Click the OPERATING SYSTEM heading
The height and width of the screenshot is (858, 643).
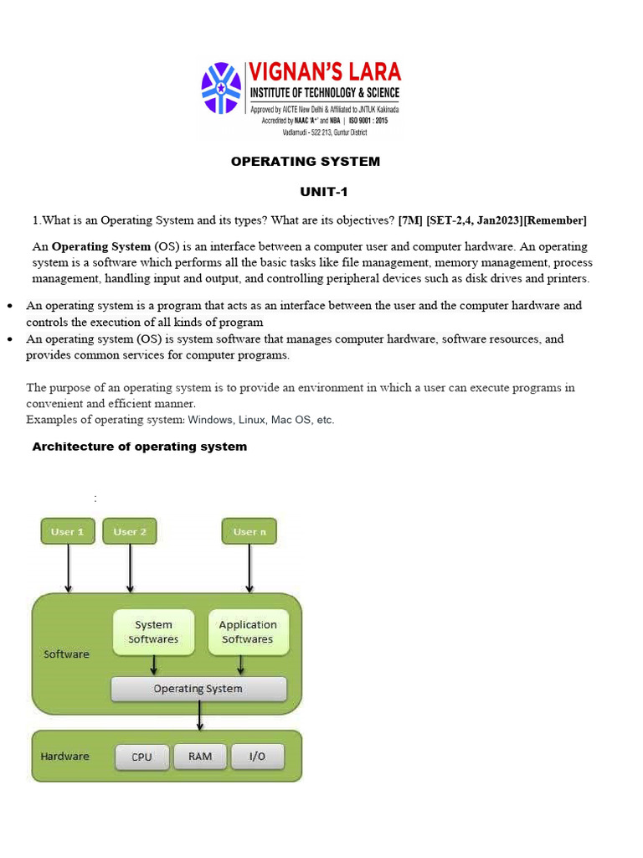(x=306, y=161)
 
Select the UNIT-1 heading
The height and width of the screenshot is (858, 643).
(x=323, y=192)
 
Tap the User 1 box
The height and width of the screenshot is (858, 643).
(x=68, y=531)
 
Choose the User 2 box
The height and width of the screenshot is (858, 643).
(x=130, y=531)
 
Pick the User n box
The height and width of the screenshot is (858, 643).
(x=249, y=531)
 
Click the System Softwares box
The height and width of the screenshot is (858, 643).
(x=153, y=632)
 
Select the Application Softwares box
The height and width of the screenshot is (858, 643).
(x=247, y=632)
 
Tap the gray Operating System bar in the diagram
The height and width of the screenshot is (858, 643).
(x=198, y=689)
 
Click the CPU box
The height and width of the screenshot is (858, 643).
(x=142, y=757)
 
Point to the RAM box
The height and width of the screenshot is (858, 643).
(x=200, y=757)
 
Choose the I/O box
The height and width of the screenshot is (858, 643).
(x=257, y=757)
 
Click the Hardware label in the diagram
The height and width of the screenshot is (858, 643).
(x=64, y=756)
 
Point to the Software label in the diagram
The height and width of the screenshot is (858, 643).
(x=66, y=654)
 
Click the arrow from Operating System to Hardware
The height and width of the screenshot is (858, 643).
(x=198, y=716)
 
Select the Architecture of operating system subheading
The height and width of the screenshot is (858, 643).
(x=139, y=447)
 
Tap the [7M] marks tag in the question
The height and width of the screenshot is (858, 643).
(x=410, y=220)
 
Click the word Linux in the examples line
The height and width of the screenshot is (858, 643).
(x=255, y=420)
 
